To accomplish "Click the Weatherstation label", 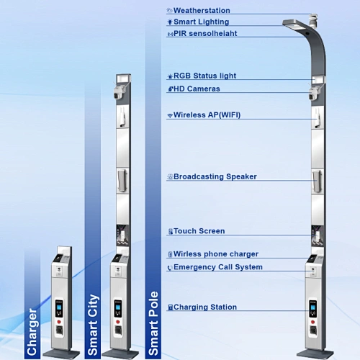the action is (202, 11).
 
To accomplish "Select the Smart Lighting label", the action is (201, 22).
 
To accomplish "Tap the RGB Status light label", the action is (204, 76).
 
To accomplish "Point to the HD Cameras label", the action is (197, 89).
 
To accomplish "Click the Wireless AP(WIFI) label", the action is (207, 115).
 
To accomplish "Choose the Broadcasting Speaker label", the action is (215, 176).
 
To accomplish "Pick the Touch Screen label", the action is (199, 231).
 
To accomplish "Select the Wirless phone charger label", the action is (216, 254).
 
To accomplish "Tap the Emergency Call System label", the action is (218, 267).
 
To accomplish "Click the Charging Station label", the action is (205, 307).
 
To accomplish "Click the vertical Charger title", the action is (32, 332).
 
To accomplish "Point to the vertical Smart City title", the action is (93, 325).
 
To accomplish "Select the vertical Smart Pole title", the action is (153, 323).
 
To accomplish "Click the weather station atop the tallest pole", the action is (314, 20).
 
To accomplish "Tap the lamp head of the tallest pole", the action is (294, 25).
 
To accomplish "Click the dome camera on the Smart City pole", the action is (118, 92).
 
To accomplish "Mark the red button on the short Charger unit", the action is (59, 322).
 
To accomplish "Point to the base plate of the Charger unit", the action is (61, 354).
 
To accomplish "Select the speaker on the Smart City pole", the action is (122, 181).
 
